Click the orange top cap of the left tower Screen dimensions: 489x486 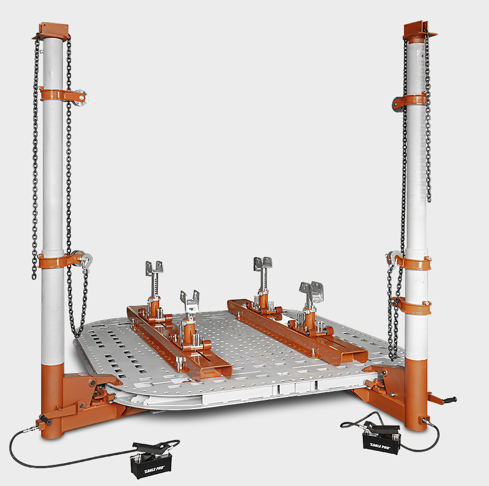pos(52,31)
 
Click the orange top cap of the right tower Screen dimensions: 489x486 pos(419,30)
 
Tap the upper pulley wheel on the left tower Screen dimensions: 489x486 pos(80,98)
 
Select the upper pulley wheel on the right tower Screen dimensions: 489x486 pos(398,103)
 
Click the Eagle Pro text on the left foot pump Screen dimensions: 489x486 pos(154,469)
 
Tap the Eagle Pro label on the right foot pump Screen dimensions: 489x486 pos(380,446)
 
